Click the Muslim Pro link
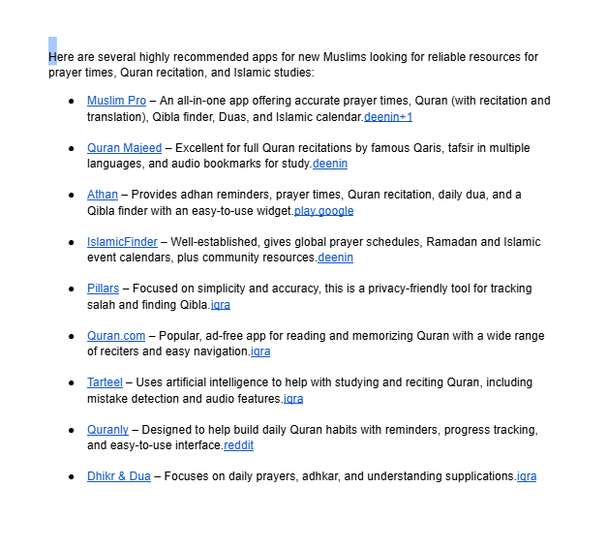[x=116, y=101]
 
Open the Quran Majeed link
[x=124, y=148]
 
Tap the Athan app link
[x=102, y=195]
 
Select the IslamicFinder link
[x=122, y=242]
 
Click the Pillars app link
[x=103, y=289]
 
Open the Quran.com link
[x=116, y=336]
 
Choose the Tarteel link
[x=105, y=382]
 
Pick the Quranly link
[x=107, y=430]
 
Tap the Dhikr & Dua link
[x=118, y=476]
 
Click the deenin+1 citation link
[x=388, y=117]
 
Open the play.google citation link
[x=324, y=211]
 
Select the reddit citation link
[x=238, y=445]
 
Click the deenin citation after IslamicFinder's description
[x=335, y=258]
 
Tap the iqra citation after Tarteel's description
[x=293, y=399]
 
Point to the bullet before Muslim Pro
[x=72, y=101]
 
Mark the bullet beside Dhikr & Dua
[x=72, y=476]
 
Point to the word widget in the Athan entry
[x=274, y=211]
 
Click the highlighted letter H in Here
[x=52, y=57]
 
